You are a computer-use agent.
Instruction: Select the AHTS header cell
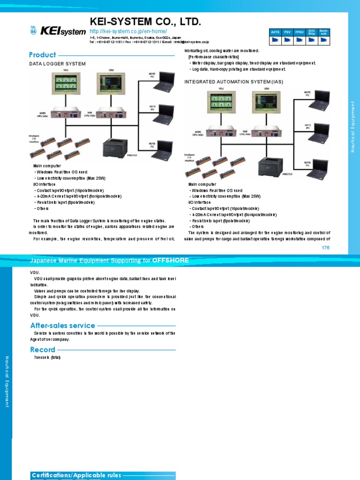pos(275,32)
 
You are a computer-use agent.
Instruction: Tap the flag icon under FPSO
pos(300,40)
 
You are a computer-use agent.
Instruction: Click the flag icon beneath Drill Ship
pos(312,40)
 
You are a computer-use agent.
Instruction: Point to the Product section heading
pos(43,55)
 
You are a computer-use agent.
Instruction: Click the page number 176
pos(326,247)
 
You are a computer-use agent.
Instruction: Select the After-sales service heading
pos(63,325)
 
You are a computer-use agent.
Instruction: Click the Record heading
pos(43,350)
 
